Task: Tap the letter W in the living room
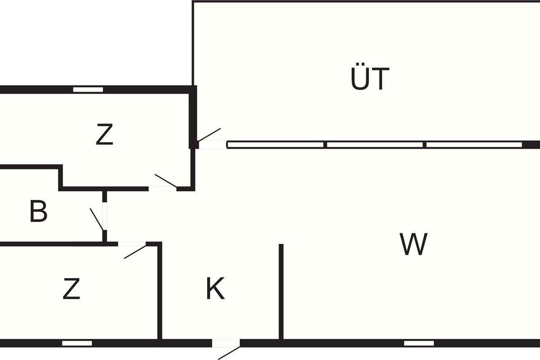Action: click(414, 244)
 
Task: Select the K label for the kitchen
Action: click(215, 289)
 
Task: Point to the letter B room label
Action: click(39, 212)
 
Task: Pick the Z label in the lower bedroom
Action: click(72, 289)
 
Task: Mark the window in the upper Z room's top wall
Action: click(88, 90)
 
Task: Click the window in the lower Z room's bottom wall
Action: click(76, 343)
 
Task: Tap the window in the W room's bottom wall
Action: click(418, 343)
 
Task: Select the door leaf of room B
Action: click(97, 219)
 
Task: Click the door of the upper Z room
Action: click(166, 180)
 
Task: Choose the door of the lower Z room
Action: click(135, 251)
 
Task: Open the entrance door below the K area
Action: click(229, 353)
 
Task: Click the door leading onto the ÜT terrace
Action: click(209, 135)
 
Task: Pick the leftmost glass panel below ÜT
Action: click(275, 145)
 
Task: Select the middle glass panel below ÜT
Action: click(375, 145)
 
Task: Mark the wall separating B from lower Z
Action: click(54, 244)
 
